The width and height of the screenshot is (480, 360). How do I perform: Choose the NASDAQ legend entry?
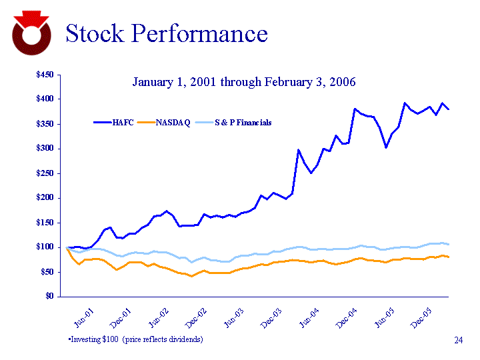[x=173, y=123]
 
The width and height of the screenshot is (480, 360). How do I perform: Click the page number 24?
[x=458, y=341]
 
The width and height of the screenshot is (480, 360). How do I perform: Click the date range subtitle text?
[x=244, y=82]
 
